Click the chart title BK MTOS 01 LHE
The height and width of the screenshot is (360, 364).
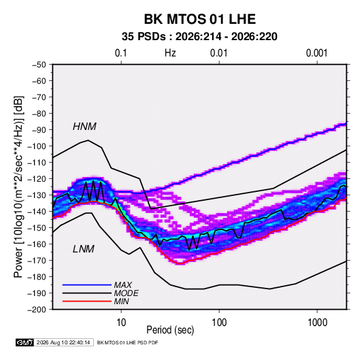click(x=200, y=19)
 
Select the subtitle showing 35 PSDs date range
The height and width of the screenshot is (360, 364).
click(x=199, y=37)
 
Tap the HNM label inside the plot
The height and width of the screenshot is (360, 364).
click(x=84, y=127)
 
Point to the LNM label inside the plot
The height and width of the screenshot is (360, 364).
click(x=84, y=249)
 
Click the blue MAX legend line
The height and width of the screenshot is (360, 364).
click(x=87, y=284)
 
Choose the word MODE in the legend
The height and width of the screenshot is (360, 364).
click(x=127, y=293)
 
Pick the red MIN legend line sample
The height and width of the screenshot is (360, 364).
click(x=87, y=301)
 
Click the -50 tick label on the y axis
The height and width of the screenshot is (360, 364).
click(x=39, y=65)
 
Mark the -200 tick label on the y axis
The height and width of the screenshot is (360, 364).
click(x=37, y=310)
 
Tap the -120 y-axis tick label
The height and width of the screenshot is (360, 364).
click(x=37, y=179)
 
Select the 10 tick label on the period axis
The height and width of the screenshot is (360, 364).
click(x=121, y=323)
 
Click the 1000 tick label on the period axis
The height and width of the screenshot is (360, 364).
click(x=317, y=323)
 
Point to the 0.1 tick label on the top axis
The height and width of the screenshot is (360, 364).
click(x=121, y=53)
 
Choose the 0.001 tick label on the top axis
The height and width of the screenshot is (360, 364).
click(x=316, y=53)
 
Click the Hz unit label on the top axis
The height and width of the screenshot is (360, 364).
click(x=170, y=53)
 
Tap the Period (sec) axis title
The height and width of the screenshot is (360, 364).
click(x=170, y=330)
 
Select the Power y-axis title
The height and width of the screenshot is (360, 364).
click(x=18, y=186)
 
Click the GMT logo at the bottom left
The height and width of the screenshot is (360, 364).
click(x=25, y=342)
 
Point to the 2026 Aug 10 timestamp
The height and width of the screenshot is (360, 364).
click(x=63, y=342)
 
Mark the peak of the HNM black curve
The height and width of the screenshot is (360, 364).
click(x=88, y=140)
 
